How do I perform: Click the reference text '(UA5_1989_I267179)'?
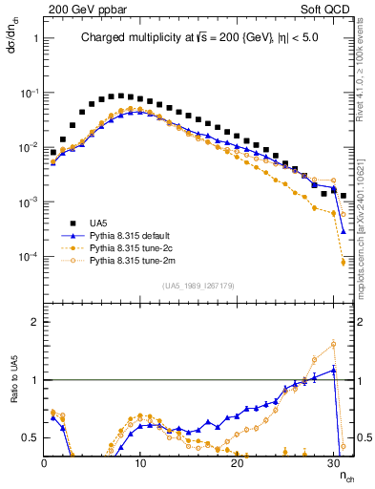coord(198,286)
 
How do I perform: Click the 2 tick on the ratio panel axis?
coord(35,322)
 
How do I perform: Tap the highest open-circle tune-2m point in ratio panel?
coord(334,344)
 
